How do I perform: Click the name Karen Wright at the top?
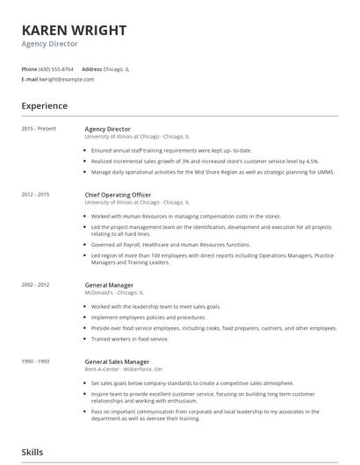click(74, 31)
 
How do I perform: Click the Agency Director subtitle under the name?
click(51, 45)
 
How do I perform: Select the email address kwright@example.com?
click(67, 79)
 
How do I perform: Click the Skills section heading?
click(32, 453)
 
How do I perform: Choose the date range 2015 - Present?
click(39, 129)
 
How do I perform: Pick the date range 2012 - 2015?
click(36, 194)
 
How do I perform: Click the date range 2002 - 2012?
click(36, 285)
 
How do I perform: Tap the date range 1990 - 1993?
click(36, 361)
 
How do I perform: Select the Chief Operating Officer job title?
click(118, 194)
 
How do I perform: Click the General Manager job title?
click(110, 285)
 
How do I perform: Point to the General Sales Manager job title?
click(117, 361)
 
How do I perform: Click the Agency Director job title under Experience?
click(107, 129)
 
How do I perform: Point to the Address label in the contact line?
click(91, 68)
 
